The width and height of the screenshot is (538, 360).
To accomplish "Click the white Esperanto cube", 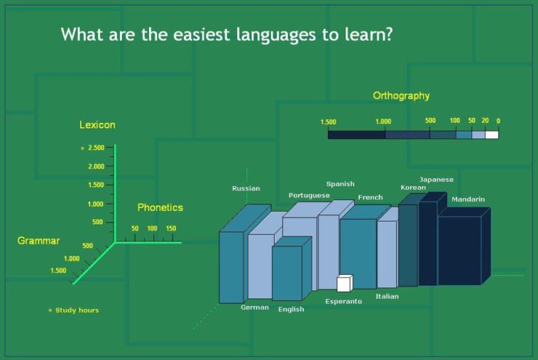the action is tap(345, 283).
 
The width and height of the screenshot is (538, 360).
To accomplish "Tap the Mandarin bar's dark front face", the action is tap(460, 251).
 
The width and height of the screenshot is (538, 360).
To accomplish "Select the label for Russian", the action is tap(246, 188).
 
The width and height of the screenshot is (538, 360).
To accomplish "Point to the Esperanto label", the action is tap(344, 301).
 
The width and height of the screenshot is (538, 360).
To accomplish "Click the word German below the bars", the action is tap(255, 307).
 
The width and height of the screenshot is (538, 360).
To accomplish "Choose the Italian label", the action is tap(387, 296).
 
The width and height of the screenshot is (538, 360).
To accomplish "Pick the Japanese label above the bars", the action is tap(437, 180).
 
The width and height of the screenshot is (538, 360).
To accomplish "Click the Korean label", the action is tap(413, 187).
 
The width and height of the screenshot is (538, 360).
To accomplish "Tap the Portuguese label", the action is tap(309, 195).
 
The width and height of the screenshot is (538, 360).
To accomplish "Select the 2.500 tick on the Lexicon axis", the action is tap(96, 148).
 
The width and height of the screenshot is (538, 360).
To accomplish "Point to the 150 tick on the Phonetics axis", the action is tap(171, 228).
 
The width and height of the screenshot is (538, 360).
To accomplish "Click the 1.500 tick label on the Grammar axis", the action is tap(58, 271).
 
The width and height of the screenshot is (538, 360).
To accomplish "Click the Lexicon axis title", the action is tap(97, 124).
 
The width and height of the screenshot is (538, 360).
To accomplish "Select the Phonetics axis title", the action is tap(160, 207).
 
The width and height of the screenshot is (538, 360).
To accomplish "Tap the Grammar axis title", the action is tap(38, 241).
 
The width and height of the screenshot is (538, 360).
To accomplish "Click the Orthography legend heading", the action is tap(401, 96).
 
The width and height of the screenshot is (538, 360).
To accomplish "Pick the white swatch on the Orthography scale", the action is tap(492, 134).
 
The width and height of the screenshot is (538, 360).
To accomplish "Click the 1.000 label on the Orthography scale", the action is tap(383, 121).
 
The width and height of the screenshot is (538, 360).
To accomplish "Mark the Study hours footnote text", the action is tap(77, 310).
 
